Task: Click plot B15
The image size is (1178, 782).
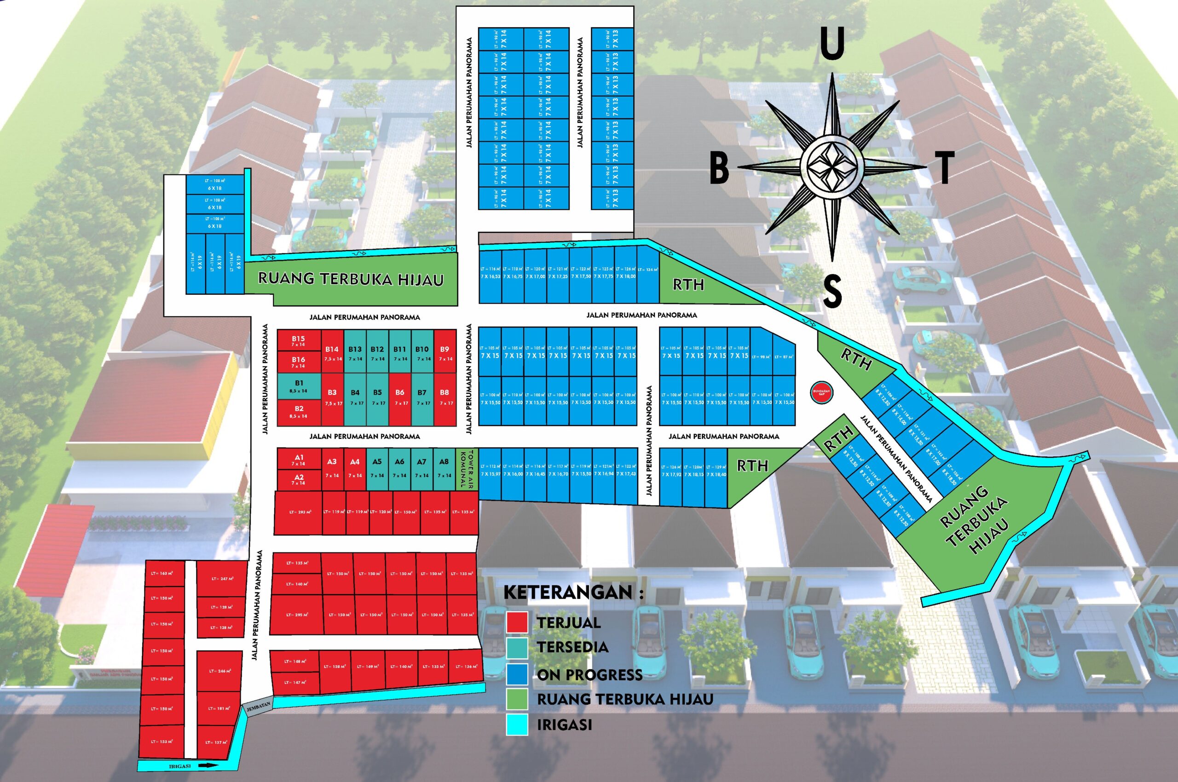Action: [298, 340]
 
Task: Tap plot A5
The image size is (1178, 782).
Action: [377, 468]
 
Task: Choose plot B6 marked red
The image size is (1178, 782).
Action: [400, 397]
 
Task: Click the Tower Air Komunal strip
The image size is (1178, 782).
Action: [467, 468]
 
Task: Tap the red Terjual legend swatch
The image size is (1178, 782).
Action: [517, 622]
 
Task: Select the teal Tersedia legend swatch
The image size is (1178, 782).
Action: [517, 647]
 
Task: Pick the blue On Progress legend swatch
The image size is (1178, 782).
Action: [517, 674]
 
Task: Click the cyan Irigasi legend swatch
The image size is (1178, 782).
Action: [517, 724]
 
